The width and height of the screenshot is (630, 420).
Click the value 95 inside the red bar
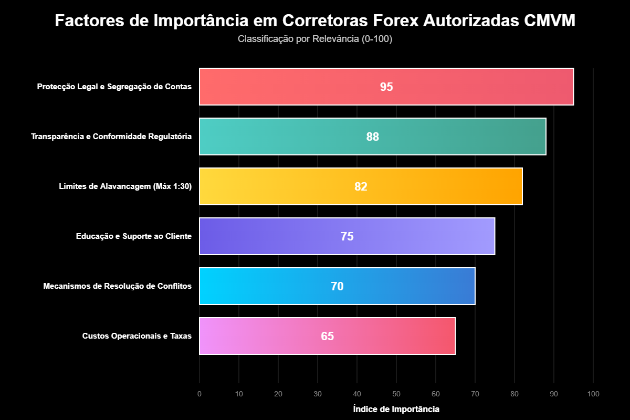point(386,87)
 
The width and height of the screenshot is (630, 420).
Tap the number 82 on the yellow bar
point(361,187)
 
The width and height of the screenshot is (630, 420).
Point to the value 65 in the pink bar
point(327,337)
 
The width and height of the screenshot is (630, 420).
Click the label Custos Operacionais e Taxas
point(137,336)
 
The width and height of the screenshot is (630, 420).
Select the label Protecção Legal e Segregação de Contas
point(114,87)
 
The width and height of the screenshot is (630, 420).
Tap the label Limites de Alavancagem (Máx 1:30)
point(125,186)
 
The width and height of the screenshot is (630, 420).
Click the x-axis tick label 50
point(396,394)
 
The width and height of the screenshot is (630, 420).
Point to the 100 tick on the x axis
point(593,394)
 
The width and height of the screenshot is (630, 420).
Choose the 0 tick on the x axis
point(199,394)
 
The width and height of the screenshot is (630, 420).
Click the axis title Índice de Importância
point(396,409)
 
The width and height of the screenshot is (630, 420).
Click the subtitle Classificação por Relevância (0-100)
point(315,39)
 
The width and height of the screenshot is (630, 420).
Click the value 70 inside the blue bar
point(337,287)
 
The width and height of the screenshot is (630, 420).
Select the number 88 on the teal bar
point(372,137)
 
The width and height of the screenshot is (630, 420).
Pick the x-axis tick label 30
point(318,394)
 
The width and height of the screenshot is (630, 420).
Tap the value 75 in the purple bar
point(347,237)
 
